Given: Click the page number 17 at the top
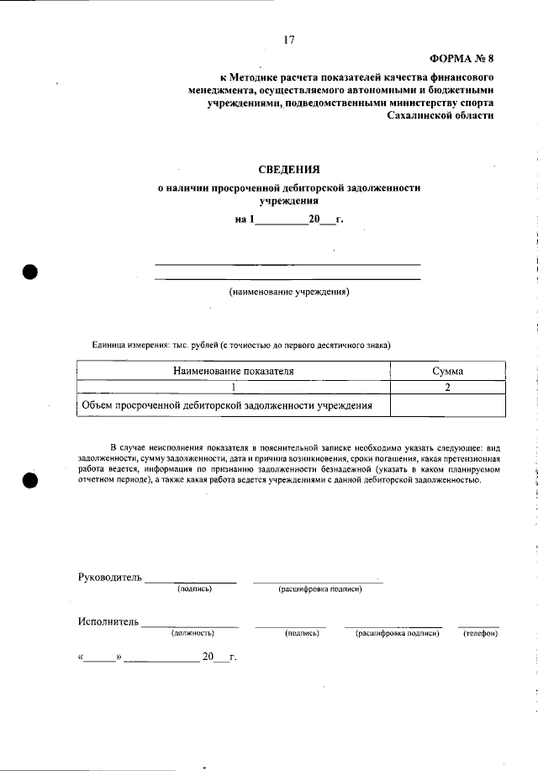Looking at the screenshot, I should [x=289, y=40].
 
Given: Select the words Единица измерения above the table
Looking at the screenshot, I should [x=129, y=346].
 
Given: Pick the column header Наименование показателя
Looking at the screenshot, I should [x=234, y=370].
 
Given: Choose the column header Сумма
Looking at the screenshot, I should [x=448, y=370].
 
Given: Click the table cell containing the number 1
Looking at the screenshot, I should [x=234, y=388].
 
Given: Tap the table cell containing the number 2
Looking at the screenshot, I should [x=448, y=388].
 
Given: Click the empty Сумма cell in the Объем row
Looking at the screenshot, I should [x=448, y=406].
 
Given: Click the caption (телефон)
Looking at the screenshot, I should [x=481, y=632].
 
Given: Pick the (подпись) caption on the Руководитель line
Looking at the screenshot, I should [x=194, y=589].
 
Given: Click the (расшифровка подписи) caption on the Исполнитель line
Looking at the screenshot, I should [x=398, y=632].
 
